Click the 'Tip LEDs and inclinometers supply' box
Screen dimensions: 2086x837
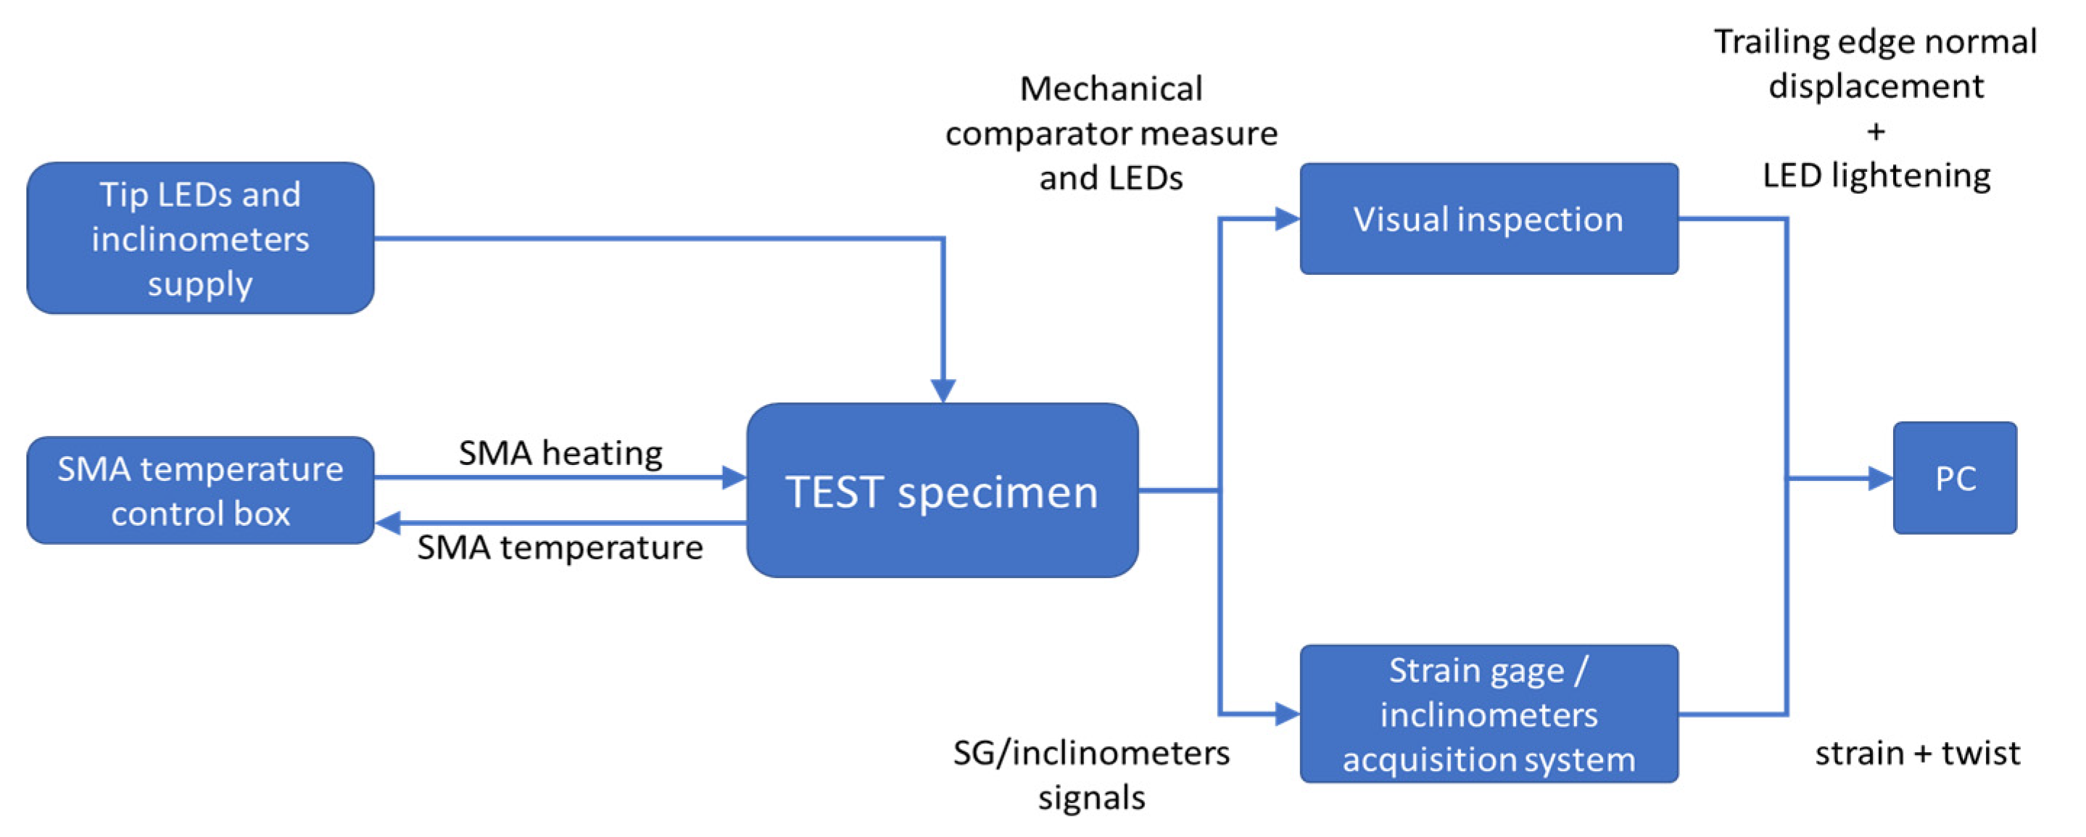pyautogui.click(x=200, y=237)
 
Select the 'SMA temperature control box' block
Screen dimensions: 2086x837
pyautogui.click(x=200, y=490)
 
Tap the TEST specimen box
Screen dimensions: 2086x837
pyautogui.click(x=943, y=490)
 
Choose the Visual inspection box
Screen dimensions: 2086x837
pyautogui.click(x=1489, y=219)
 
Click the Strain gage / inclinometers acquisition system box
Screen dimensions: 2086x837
pyautogui.click(x=1489, y=714)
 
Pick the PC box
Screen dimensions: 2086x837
pyautogui.click(x=1955, y=478)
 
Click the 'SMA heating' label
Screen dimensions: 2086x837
pyautogui.click(x=560, y=452)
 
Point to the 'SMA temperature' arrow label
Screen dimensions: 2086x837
pyautogui.click(x=560, y=548)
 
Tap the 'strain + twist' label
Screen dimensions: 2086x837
pyautogui.click(x=1918, y=754)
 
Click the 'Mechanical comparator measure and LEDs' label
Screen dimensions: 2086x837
pyautogui.click(x=1111, y=133)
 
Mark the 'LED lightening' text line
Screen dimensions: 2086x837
pyautogui.click(x=1876, y=176)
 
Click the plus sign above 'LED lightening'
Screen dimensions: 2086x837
pyautogui.click(x=1876, y=131)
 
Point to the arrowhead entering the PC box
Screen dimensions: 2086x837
pyautogui.click(x=1880, y=478)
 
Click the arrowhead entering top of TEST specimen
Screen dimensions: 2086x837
pyautogui.click(x=943, y=390)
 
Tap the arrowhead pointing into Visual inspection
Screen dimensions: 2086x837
pyautogui.click(x=1288, y=219)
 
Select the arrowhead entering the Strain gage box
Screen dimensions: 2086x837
pyautogui.click(x=1288, y=714)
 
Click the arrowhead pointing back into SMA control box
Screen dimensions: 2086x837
pyautogui.click(x=387, y=523)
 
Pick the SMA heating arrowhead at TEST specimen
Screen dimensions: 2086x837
pyautogui.click(x=734, y=477)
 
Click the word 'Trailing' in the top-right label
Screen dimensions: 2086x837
pyautogui.click(x=1773, y=42)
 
